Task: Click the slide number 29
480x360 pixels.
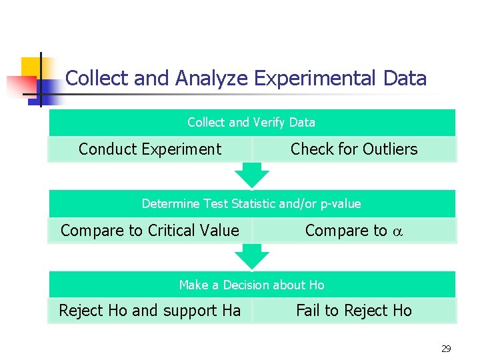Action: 446,349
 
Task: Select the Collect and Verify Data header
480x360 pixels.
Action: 251,123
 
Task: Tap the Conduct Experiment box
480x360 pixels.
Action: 150,149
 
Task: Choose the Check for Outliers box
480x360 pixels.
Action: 354,149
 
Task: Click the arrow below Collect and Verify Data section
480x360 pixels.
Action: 252,175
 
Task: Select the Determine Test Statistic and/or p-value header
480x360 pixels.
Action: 251,204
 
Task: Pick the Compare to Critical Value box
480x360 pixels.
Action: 150,231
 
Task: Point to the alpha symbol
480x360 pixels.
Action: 398,231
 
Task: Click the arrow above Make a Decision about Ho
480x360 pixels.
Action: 252,256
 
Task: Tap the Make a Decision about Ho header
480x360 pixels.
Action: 251,285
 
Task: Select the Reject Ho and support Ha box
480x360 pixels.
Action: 150,311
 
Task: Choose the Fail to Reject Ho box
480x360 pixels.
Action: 354,311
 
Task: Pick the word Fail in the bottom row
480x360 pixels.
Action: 308,311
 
